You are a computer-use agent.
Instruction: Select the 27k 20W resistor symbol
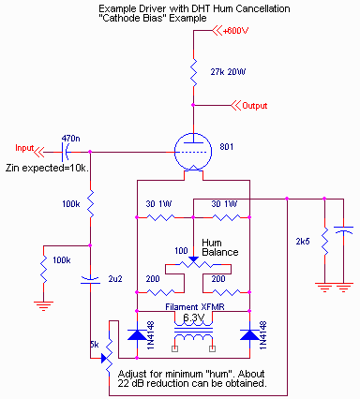(192, 71)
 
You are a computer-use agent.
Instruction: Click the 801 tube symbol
(192, 151)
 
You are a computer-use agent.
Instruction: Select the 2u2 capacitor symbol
(91, 278)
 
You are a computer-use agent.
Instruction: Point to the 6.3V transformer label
(193, 318)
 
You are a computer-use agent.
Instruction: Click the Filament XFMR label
(193, 306)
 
